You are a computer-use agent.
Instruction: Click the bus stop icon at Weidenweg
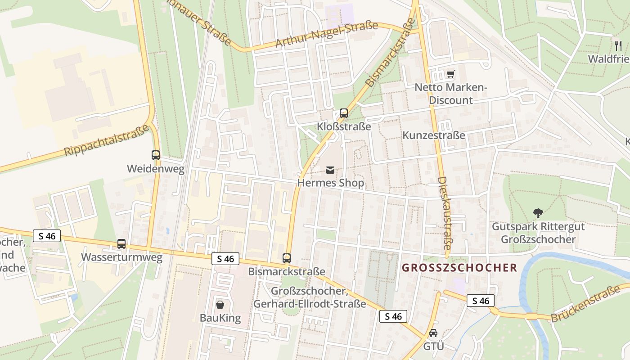(x=156, y=155)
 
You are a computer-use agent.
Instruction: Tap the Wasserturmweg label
(x=121, y=257)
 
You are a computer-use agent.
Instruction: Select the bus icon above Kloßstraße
(x=344, y=113)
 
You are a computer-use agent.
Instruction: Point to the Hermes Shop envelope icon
(x=330, y=170)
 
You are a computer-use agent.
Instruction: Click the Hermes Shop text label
(x=330, y=183)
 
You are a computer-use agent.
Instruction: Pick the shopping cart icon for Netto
(x=450, y=74)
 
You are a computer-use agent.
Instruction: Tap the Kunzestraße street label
(x=433, y=135)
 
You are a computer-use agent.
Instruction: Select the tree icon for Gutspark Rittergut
(x=538, y=213)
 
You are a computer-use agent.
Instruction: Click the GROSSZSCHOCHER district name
(x=459, y=268)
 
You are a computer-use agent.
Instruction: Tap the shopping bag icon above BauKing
(x=220, y=305)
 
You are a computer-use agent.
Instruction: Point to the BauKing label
(x=220, y=318)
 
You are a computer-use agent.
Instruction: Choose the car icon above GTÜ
(x=433, y=333)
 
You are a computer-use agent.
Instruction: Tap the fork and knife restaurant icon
(x=618, y=45)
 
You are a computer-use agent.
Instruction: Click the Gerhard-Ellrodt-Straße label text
(x=310, y=304)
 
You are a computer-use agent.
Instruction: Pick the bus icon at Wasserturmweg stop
(x=121, y=244)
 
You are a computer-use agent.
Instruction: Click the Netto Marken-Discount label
(x=451, y=94)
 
